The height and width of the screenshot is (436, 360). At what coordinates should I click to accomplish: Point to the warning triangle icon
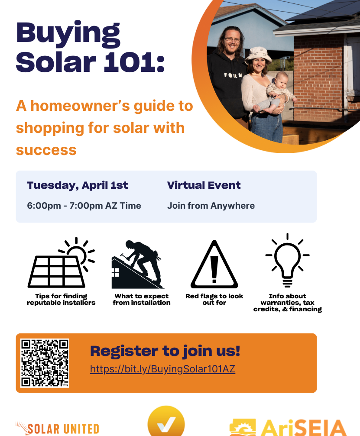[x=214, y=265]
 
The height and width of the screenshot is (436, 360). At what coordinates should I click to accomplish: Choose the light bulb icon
[x=287, y=260]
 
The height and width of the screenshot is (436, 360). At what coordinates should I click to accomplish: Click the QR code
[x=45, y=363]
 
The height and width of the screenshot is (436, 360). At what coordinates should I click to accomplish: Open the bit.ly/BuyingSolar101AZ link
[x=162, y=369]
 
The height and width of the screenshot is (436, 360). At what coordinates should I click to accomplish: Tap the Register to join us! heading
[x=165, y=351]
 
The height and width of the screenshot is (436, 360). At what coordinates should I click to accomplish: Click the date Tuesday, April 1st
[x=78, y=185]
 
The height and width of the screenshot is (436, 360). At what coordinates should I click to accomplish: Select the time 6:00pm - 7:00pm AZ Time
[x=84, y=206]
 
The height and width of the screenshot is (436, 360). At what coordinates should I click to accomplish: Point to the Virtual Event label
[x=204, y=185]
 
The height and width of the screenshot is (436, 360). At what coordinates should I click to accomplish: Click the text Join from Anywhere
[x=211, y=206]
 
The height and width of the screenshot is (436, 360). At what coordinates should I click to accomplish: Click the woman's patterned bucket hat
[x=258, y=54]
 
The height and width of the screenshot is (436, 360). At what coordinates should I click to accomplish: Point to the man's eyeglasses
[x=232, y=39]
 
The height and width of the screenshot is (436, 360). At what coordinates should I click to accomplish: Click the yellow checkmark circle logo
[x=166, y=422]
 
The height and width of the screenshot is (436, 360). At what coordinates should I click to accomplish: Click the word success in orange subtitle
[x=46, y=150]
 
